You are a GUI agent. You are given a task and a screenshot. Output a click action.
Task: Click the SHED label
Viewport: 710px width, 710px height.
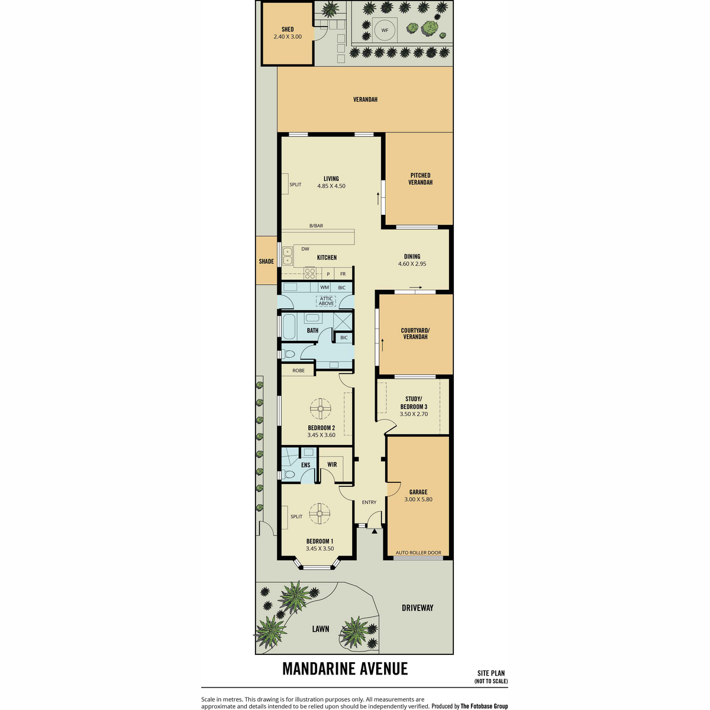pos(288,29)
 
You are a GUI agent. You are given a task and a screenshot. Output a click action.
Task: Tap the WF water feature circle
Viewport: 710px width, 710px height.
pos(385,30)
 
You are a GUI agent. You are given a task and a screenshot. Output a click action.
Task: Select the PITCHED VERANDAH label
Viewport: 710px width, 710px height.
pos(420,179)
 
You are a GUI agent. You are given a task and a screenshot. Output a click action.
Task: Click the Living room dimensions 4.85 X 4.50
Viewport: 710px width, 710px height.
pos(331,186)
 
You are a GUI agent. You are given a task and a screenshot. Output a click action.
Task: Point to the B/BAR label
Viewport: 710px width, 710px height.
pos(316,225)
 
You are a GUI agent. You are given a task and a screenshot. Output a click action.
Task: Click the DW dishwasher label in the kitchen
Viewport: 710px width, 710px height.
pos(305,248)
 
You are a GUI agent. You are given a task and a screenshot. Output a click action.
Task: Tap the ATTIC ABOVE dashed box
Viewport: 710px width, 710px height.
pos(326,301)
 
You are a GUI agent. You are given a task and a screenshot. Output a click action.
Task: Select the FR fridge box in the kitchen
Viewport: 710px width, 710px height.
pos(343,274)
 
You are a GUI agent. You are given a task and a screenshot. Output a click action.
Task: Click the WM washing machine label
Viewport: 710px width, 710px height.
pos(324,287)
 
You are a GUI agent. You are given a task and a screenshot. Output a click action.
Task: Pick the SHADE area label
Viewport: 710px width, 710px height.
pos(266,262)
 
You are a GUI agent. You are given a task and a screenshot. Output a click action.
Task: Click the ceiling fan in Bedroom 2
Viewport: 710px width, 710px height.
pos(320,408)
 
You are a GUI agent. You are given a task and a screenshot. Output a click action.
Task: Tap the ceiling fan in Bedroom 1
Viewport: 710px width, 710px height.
pos(319,513)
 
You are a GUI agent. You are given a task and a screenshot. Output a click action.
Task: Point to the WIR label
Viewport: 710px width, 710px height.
pos(332,464)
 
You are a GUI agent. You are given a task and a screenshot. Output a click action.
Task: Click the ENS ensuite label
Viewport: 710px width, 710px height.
pos(305,465)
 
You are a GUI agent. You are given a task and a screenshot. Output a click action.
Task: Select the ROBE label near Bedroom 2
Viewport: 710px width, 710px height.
pos(298,370)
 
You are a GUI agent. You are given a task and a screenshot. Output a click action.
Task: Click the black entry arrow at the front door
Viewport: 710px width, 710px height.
pos(375,531)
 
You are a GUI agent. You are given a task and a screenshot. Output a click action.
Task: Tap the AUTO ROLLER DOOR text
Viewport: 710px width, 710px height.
pos(418,553)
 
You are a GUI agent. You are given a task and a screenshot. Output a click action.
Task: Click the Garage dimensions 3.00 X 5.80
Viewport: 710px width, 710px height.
pos(418,499)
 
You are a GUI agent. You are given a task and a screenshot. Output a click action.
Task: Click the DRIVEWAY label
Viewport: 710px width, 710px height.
pos(418,608)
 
